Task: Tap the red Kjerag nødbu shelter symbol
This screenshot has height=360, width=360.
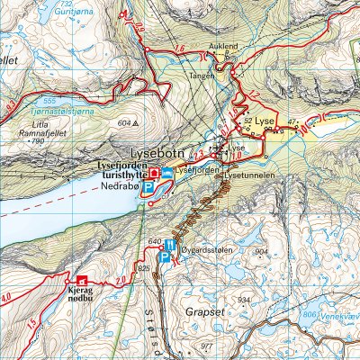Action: pyautogui.click(x=83, y=280)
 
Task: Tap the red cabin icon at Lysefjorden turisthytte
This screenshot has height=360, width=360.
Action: pyautogui.click(x=154, y=172)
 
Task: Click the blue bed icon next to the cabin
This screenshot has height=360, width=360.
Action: pyautogui.click(x=166, y=172)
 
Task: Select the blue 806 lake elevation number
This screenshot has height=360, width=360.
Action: pyautogui.click(x=310, y=315)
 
